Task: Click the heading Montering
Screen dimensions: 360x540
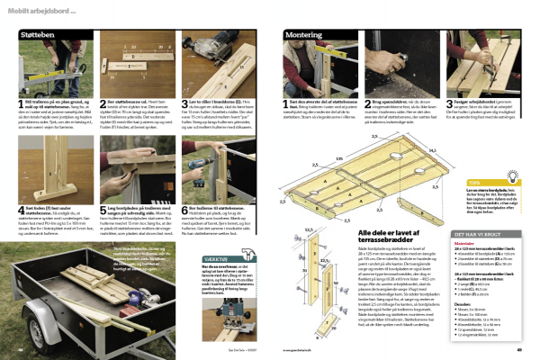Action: tap(304, 34)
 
